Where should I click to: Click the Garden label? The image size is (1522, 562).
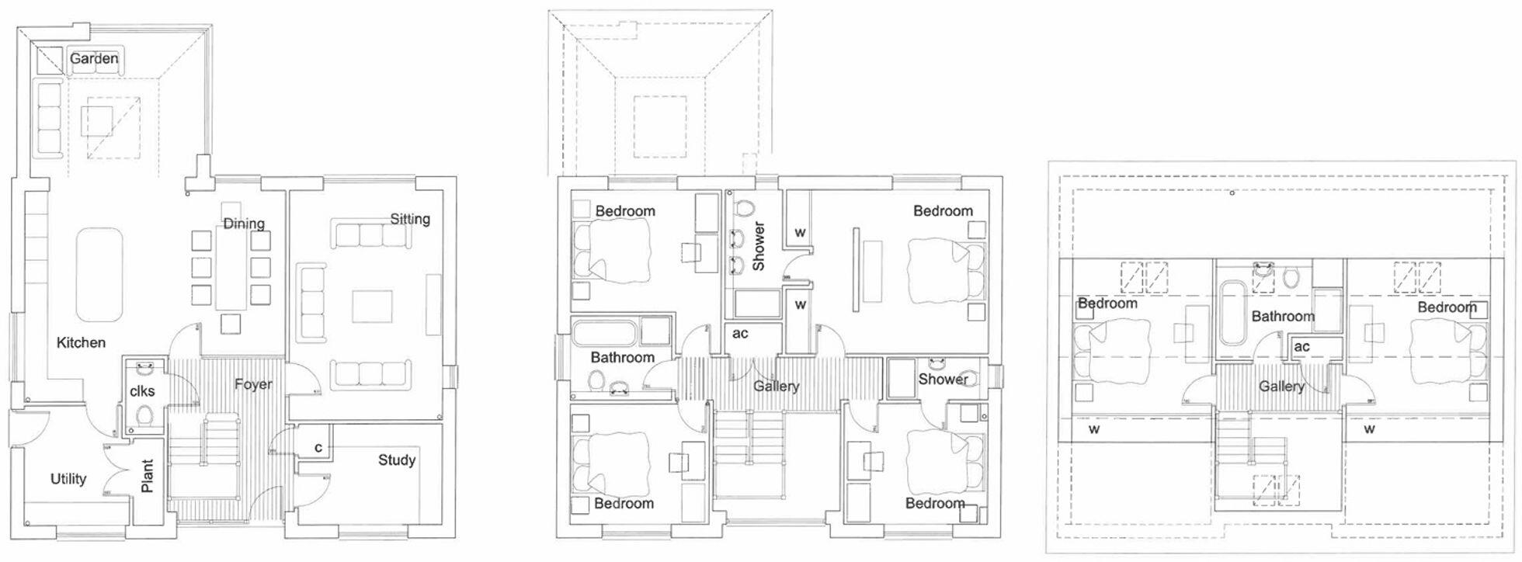point(94,58)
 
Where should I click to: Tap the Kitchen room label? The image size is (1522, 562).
point(81,342)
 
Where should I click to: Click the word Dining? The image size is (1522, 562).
point(244,224)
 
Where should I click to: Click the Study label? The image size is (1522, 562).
point(397,460)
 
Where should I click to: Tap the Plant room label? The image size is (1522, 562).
point(148,476)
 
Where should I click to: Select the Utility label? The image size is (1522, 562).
point(68,479)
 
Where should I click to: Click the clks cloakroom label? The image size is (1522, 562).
point(142,390)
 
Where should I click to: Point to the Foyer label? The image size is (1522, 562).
point(253,384)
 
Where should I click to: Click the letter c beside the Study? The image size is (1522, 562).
point(318,448)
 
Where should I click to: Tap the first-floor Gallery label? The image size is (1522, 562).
point(776,386)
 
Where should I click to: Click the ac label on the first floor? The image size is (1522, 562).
point(740,333)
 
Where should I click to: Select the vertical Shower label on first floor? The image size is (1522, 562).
point(759,246)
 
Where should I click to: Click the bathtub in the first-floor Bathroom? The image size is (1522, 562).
point(605,335)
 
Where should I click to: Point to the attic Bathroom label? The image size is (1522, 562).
point(1283,316)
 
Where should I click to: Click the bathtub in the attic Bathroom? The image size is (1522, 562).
point(1232,314)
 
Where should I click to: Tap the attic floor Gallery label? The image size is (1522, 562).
point(1281,386)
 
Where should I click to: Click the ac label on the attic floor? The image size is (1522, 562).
point(1302,346)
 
